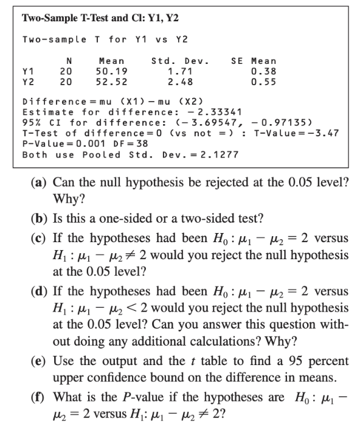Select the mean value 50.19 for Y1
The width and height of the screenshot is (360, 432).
(x=111, y=72)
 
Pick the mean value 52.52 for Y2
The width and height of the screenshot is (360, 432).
(x=111, y=82)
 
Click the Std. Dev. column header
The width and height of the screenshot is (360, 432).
(x=179, y=61)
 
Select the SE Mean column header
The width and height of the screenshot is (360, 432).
(x=254, y=61)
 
